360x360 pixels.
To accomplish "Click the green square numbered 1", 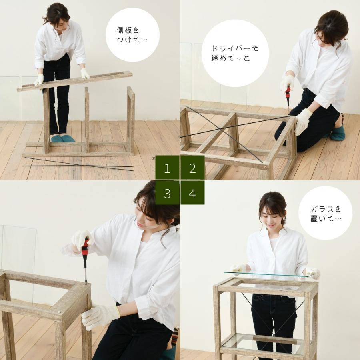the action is coord(167,168).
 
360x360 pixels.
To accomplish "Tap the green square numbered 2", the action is coord(192,168).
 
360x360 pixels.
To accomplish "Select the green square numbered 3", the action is coord(167,193).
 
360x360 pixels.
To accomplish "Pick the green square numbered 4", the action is coord(192,193).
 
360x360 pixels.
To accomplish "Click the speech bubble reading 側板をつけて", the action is coord(132,35).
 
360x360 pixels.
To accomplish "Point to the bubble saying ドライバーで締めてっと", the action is coord(235,53).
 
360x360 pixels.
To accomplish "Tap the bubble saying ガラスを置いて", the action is coord(325,213).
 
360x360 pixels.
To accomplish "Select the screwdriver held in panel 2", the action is coord(288,96).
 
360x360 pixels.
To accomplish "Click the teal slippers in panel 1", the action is coord(63,138).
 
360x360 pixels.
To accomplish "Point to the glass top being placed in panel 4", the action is coord(268,274).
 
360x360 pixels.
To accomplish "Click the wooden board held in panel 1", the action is coord(75,81).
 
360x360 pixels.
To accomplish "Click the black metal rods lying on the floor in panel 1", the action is coord(78,164).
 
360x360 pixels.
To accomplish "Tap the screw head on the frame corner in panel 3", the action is coord(59,312).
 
